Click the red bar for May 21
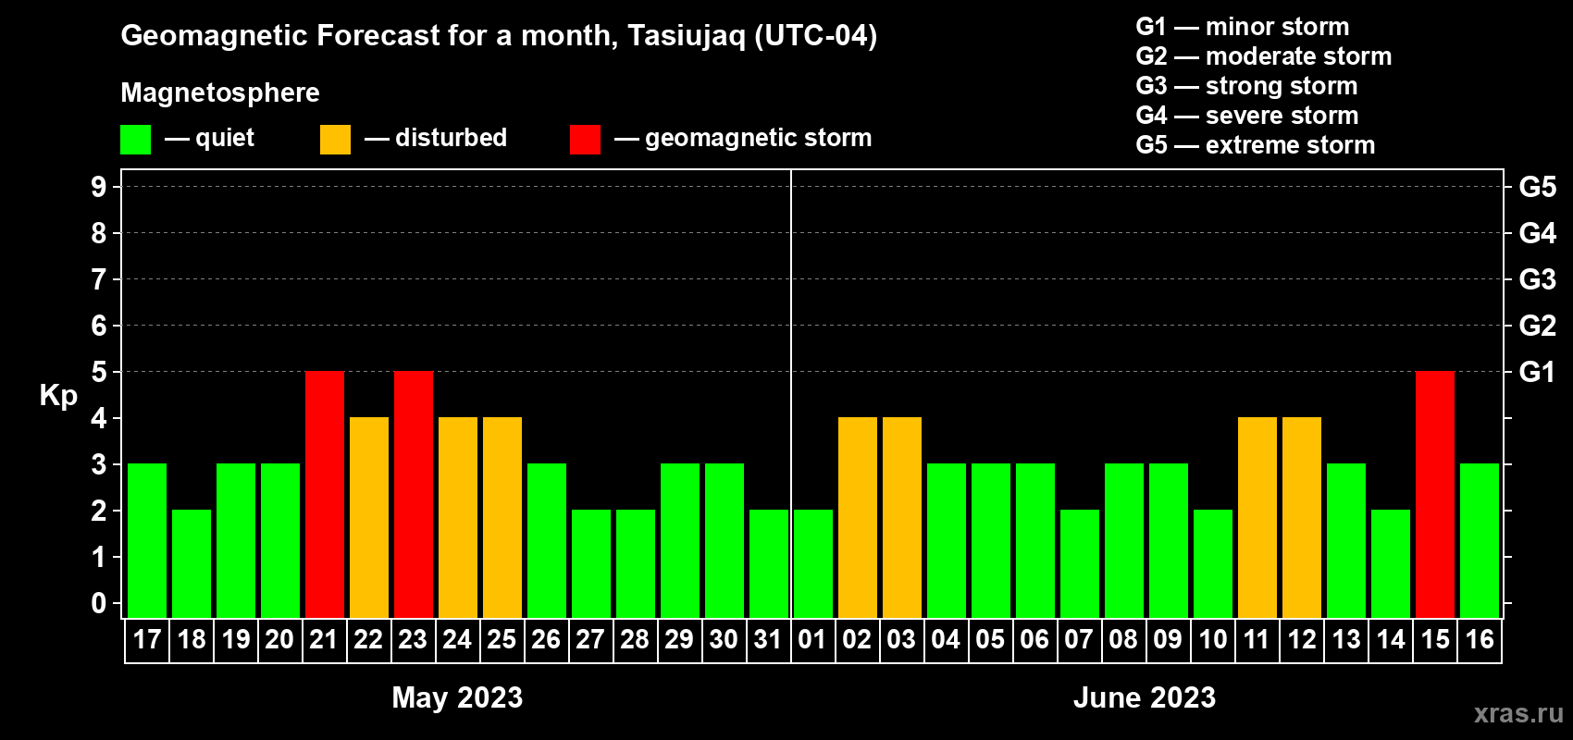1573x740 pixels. [x=325, y=494]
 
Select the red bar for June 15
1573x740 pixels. [x=1434, y=494]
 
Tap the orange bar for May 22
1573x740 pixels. [x=368, y=517]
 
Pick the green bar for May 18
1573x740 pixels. [x=191, y=563]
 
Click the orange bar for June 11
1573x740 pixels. [x=1257, y=517]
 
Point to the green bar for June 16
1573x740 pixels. [x=1479, y=540]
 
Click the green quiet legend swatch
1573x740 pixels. [x=135, y=139]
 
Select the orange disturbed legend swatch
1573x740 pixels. [x=335, y=139]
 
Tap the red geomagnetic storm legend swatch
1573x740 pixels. [x=585, y=139]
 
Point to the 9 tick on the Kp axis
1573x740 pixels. [x=98, y=187]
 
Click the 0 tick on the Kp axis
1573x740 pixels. [x=98, y=603]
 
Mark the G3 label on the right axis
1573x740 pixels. [x=1538, y=279]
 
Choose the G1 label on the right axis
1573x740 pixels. [x=1538, y=372]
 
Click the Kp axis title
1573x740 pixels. [x=58, y=395]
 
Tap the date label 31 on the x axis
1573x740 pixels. [x=768, y=639]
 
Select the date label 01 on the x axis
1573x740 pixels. [x=811, y=639]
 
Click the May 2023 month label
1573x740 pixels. [x=457, y=697]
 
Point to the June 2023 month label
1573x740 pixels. [x=1145, y=697]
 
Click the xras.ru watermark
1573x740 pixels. [x=1519, y=713]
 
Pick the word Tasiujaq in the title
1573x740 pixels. [x=686, y=36]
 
